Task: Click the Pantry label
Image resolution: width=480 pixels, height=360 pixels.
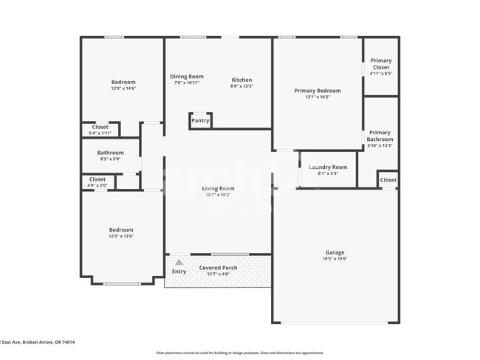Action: coord(200,120)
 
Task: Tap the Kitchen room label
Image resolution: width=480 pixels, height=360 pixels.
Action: coord(241,80)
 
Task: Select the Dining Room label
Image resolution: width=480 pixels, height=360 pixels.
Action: coord(187,77)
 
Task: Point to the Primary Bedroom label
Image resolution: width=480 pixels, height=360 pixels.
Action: coord(317,91)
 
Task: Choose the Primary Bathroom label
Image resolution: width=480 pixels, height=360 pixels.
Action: coord(380,136)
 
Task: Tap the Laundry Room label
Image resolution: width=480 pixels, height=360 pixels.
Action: coord(328,167)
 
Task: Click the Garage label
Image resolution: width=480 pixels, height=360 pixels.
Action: coord(335,252)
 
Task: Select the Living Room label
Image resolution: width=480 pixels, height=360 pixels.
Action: coord(218,188)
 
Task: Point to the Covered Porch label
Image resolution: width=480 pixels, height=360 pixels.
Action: coord(219,267)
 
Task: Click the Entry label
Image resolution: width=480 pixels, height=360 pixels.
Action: coord(179,271)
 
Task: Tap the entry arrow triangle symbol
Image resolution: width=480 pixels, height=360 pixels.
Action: coord(179,261)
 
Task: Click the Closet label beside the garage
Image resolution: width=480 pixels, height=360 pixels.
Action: coord(388,180)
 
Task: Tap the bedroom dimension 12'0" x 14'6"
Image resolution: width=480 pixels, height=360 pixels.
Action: coord(123,89)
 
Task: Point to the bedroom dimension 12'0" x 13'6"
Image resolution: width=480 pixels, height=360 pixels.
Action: coord(122,236)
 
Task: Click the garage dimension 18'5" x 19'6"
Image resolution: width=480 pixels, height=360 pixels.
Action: coord(335,259)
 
